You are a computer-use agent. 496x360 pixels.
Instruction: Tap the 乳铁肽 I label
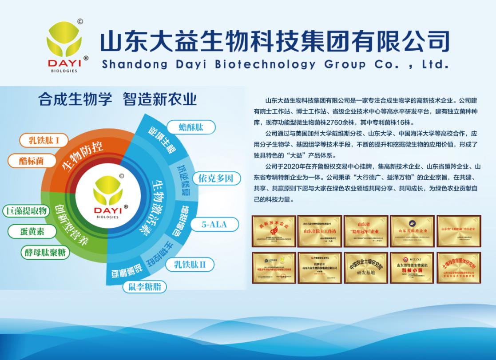tap(45, 141)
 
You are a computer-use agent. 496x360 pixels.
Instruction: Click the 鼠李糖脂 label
tap(145, 286)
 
